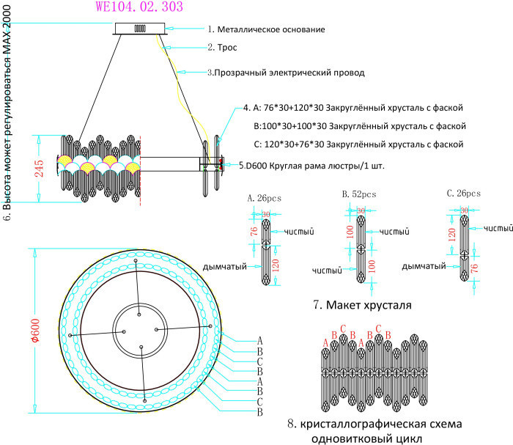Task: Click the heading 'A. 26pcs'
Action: pos(265,197)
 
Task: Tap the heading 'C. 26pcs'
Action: pos(463,194)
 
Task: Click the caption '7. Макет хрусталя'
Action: pos(359,304)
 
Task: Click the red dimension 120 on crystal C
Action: pos(463,235)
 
